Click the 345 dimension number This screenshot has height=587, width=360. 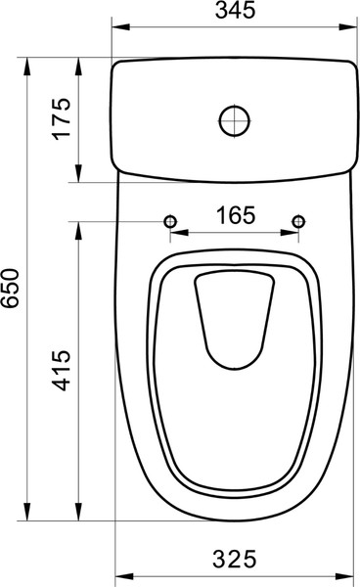pos(236,10)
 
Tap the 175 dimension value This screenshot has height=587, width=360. pos(61,119)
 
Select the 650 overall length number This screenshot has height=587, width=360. pos(10,288)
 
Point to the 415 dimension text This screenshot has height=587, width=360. pos(61,370)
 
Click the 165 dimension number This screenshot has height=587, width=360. pos(236,215)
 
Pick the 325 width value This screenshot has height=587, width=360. pos(235,560)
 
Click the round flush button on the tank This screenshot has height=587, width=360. pos(235,120)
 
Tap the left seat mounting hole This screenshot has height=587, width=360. pos(170,222)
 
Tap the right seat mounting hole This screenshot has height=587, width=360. pos(298,222)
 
